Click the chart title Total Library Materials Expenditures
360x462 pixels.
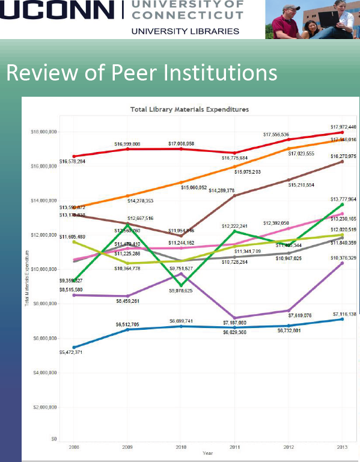click(189, 109)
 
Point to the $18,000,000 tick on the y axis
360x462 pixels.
click(43, 132)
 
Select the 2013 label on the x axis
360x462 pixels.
click(342, 448)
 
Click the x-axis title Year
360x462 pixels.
click(207, 453)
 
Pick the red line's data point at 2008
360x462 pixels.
click(73, 156)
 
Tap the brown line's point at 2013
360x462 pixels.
click(342, 161)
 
